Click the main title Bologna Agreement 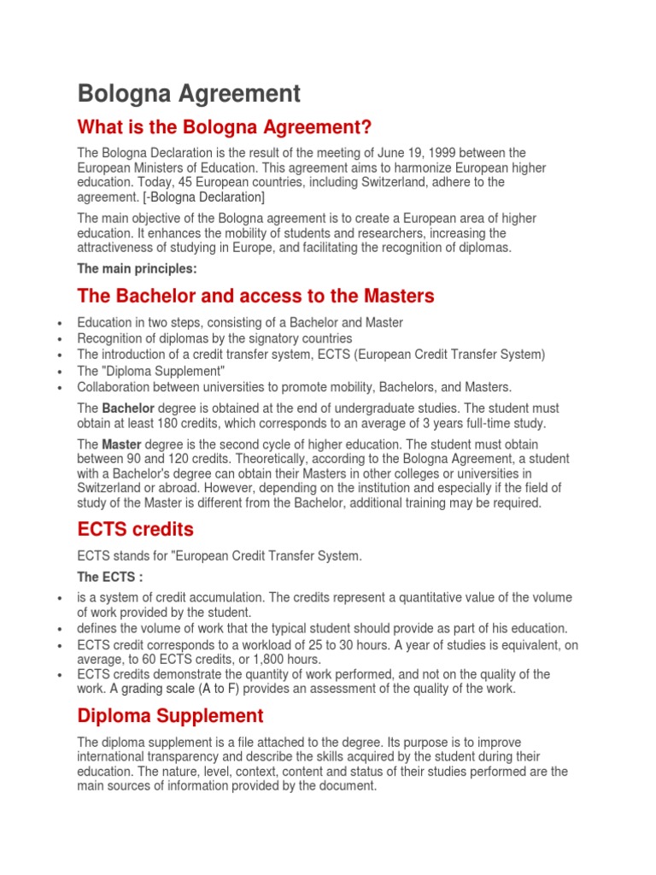click(x=189, y=93)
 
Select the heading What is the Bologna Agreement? click(x=225, y=127)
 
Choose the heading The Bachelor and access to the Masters click(x=255, y=296)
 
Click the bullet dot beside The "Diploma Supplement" click(x=57, y=371)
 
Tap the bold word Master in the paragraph click(x=120, y=445)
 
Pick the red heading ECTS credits click(x=135, y=528)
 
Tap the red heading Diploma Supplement click(x=171, y=715)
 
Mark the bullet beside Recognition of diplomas click(x=57, y=339)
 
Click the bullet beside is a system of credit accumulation click(x=57, y=597)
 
